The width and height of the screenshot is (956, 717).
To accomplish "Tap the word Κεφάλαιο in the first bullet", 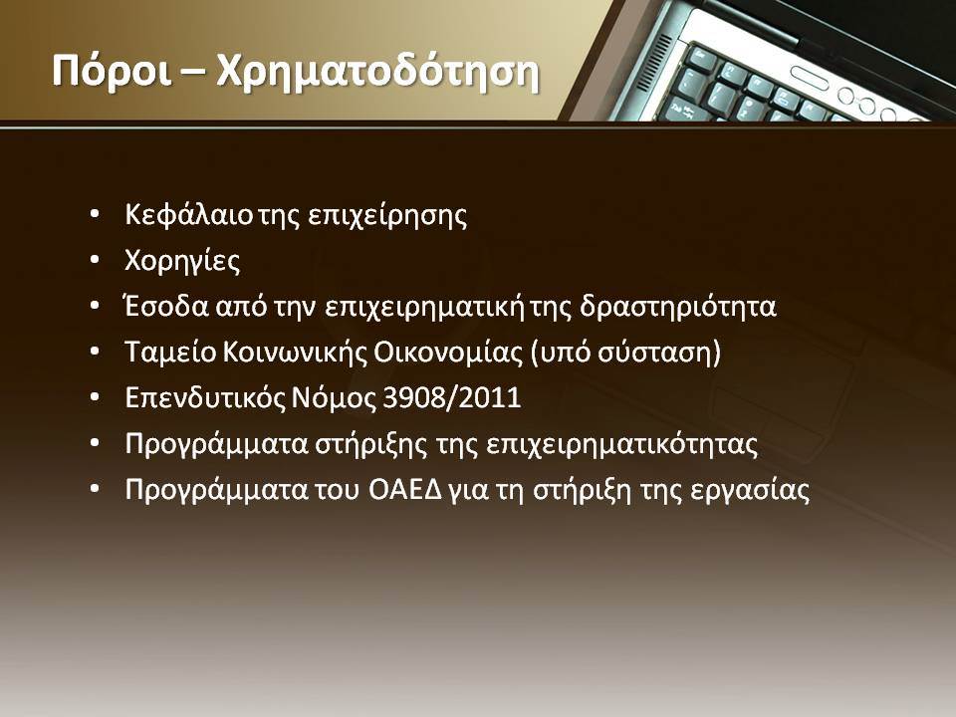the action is [188, 215].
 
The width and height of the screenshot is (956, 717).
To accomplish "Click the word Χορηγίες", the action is [182, 261].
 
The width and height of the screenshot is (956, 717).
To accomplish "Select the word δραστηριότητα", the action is [677, 307].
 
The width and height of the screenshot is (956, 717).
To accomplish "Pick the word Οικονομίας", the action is [447, 353].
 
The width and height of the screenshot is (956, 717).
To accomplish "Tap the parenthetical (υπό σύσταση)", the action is [625, 353].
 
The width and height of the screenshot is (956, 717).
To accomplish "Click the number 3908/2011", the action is [451, 398].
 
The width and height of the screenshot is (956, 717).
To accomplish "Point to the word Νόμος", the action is [335, 399].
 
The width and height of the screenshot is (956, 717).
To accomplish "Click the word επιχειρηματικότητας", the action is [622, 444].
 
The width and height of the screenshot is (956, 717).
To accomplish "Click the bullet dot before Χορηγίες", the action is [94, 261].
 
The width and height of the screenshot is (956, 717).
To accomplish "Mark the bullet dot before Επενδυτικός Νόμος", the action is [94, 398].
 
